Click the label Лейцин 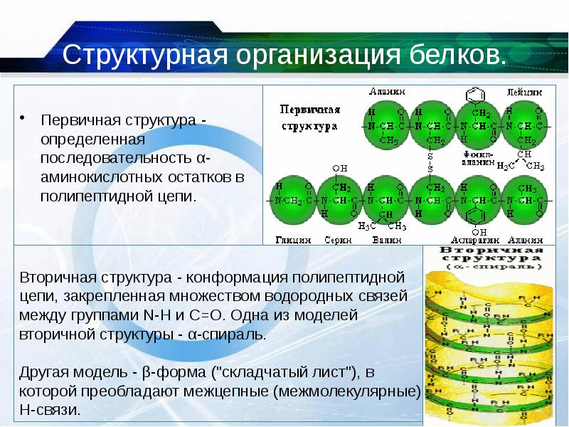525,92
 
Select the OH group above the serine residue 339,168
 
